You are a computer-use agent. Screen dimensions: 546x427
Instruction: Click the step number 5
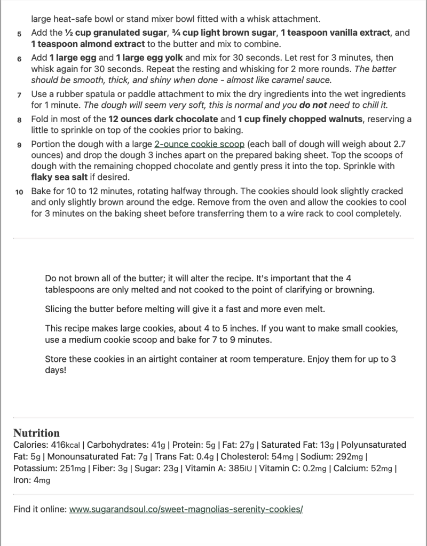[x=19, y=34]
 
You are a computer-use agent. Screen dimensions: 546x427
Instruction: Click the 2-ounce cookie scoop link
[x=199, y=144]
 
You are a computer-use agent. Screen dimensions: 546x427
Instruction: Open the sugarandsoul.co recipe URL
[x=186, y=509]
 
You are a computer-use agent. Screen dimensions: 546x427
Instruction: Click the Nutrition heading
[x=36, y=433]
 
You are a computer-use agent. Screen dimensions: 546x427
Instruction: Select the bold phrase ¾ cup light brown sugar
[x=226, y=33]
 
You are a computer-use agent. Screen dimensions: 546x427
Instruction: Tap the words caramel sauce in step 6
[x=301, y=80]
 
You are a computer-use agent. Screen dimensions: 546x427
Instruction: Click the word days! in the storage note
[x=56, y=369]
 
